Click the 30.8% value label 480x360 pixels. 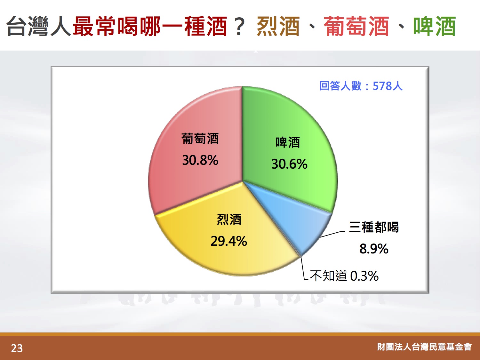click(x=200, y=160)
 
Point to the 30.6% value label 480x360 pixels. click(x=289, y=164)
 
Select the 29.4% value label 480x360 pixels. click(x=229, y=241)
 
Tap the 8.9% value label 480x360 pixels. click(x=374, y=249)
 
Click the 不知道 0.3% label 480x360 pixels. click(x=344, y=276)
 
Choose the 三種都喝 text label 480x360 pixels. click(x=374, y=227)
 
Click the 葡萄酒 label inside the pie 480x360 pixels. click(x=200, y=138)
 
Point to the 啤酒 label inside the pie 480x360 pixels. click(x=288, y=142)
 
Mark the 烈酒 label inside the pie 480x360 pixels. click(x=229, y=219)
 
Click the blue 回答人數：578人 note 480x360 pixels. click(x=361, y=86)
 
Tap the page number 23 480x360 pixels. click(x=17, y=348)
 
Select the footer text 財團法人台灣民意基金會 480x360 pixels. click(x=424, y=347)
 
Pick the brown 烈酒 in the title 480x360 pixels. click(x=278, y=26)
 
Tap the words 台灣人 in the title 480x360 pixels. click(x=38, y=26)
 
